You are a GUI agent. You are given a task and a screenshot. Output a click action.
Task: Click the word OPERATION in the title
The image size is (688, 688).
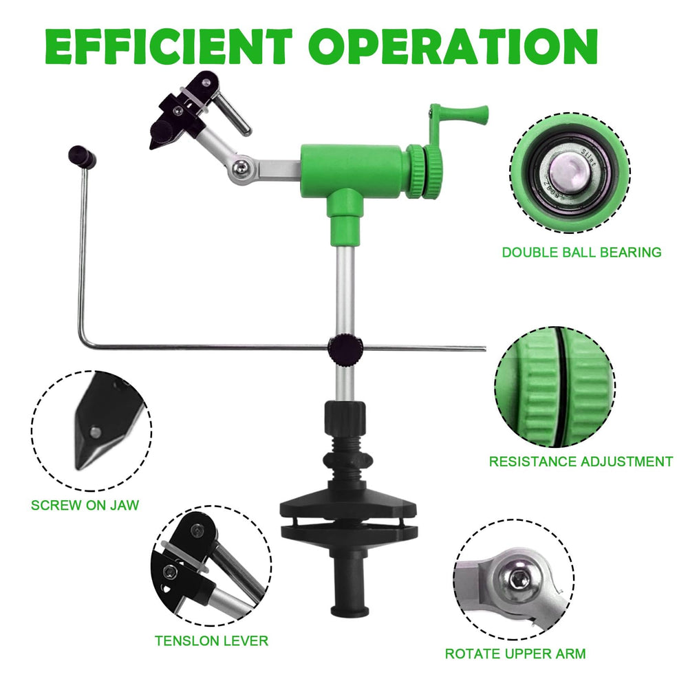pyautogui.click(x=453, y=47)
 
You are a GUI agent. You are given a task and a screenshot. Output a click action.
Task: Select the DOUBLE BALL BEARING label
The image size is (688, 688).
pyautogui.click(x=581, y=252)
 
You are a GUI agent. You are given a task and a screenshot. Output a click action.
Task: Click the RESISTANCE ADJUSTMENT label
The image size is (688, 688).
pyautogui.click(x=581, y=462)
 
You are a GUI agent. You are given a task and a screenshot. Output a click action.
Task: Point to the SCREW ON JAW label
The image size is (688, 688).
pyautogui.click(x=85, y=505)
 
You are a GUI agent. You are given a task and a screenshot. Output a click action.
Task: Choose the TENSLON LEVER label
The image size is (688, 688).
pyautogui.click(x=211, y=641)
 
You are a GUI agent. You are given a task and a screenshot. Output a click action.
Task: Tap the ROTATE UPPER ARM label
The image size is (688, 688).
pyautogui.click(x=515, y=654)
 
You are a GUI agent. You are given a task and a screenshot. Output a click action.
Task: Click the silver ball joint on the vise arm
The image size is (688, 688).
pyautogui.click(x=239, y=168)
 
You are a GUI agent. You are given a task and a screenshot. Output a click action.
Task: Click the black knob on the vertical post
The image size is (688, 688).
pyautogui.click(x=345, y=348)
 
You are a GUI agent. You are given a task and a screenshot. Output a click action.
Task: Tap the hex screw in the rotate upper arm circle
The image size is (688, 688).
pyautogui.click(x=520, y=582)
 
